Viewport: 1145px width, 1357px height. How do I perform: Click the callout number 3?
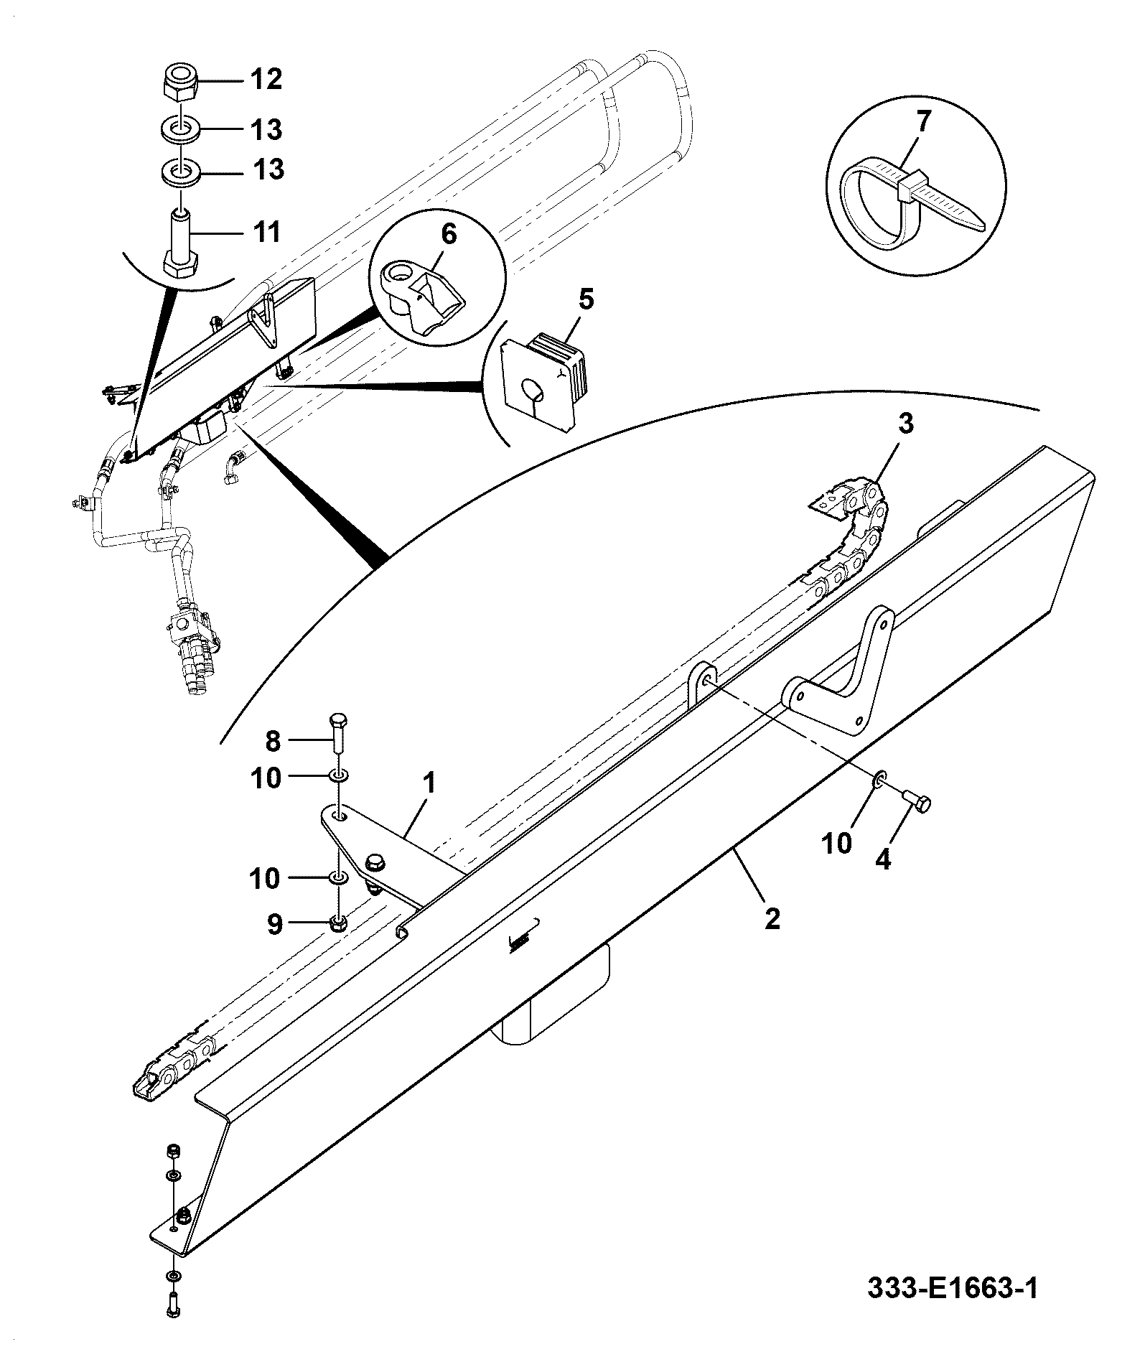(x=906, y=424)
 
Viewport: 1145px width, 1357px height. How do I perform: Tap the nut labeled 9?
(x=340, y=923)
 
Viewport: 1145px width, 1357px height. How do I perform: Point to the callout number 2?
(x=772, y=920)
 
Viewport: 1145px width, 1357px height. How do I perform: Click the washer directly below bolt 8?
(x=340, y=776)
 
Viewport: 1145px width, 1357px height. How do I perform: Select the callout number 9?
(x=275, y=924)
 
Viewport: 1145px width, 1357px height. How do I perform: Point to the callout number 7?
(x=922, y=120)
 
